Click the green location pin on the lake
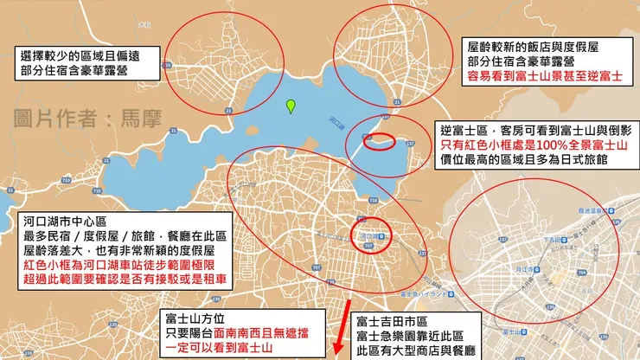tap(291, 106)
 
